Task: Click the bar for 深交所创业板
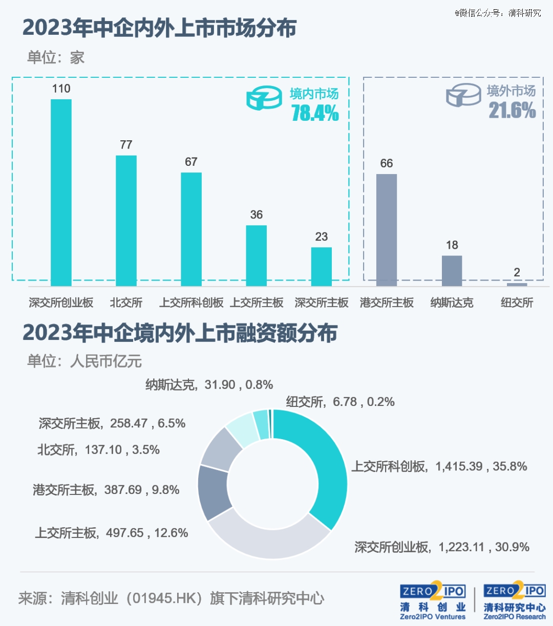pos(61,192)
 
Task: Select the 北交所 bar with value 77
pos(126,220)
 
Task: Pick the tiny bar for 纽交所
pos(517,284)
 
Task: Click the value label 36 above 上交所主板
pos(257,215)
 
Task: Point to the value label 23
pos(322,237)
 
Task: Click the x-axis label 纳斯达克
pos(452,303)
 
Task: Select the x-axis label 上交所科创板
pos(191,303)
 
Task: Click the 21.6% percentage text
pos(512,111)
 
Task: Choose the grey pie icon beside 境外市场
pos(463,96)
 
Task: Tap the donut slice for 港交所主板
pos(214,491)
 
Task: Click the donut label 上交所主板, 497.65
pos(111,533)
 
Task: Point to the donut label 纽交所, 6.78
pos(340,402)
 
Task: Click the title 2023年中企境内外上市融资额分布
pos(180,333)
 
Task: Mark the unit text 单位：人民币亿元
pos(84,361)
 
